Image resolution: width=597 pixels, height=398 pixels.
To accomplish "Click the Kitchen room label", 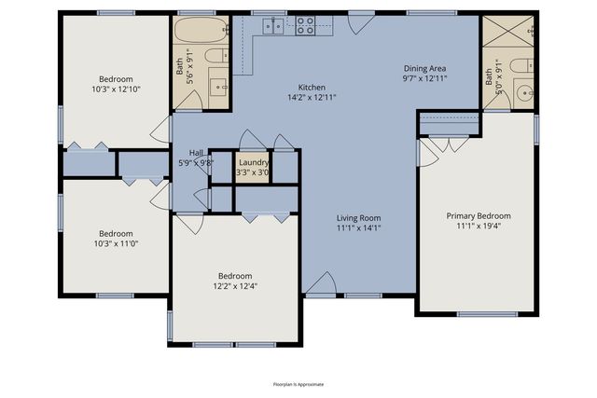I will tap(311, 86).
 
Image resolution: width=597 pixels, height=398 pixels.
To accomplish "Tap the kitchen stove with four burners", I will tap(307, 27).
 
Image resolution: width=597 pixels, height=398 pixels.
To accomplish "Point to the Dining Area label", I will tap(425, 68).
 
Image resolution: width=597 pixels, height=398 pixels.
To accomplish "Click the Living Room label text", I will tap(359, 217).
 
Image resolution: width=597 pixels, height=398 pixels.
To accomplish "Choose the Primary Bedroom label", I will tap(478, 215).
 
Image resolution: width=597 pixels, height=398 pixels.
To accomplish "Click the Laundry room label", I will tap(253, 162).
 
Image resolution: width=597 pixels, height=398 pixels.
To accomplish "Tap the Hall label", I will tap(196, 153).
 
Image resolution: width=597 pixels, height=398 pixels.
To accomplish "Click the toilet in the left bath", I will tap(214, 57).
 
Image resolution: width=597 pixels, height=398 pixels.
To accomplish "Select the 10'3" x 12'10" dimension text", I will tap(117, 89).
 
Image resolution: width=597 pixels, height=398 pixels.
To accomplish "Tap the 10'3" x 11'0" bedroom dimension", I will tap(117, 244).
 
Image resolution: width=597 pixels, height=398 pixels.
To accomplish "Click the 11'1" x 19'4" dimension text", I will tap(478, 226).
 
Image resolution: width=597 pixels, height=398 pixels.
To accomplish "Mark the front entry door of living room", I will tap(320, 285).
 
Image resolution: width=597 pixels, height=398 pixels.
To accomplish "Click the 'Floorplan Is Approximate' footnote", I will tap(298, 383).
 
